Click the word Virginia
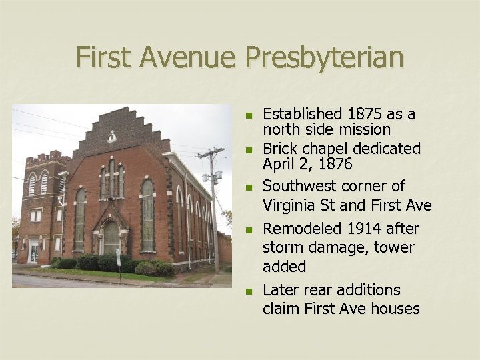(291, 204)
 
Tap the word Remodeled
(301, 229)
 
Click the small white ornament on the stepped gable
(111, 137)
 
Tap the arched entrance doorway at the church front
(111, 237)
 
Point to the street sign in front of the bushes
(118, 255)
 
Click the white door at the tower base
(34, 251)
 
